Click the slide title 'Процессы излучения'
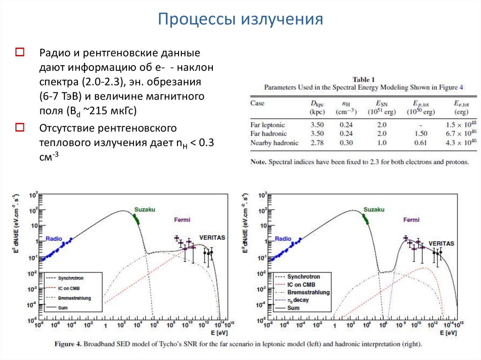[x=240, y=19]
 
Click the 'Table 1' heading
[x=364, y=79]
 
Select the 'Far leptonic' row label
[x=268, y=124]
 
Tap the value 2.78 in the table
[x=318, y=142]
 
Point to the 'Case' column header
[x=257, y=103]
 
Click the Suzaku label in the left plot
[x=145, y=209]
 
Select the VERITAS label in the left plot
[x=212, y=237]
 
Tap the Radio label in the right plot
[x=283, y=239]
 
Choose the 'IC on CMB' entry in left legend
[x=70, y=288]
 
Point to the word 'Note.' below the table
[x=258, y=162]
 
